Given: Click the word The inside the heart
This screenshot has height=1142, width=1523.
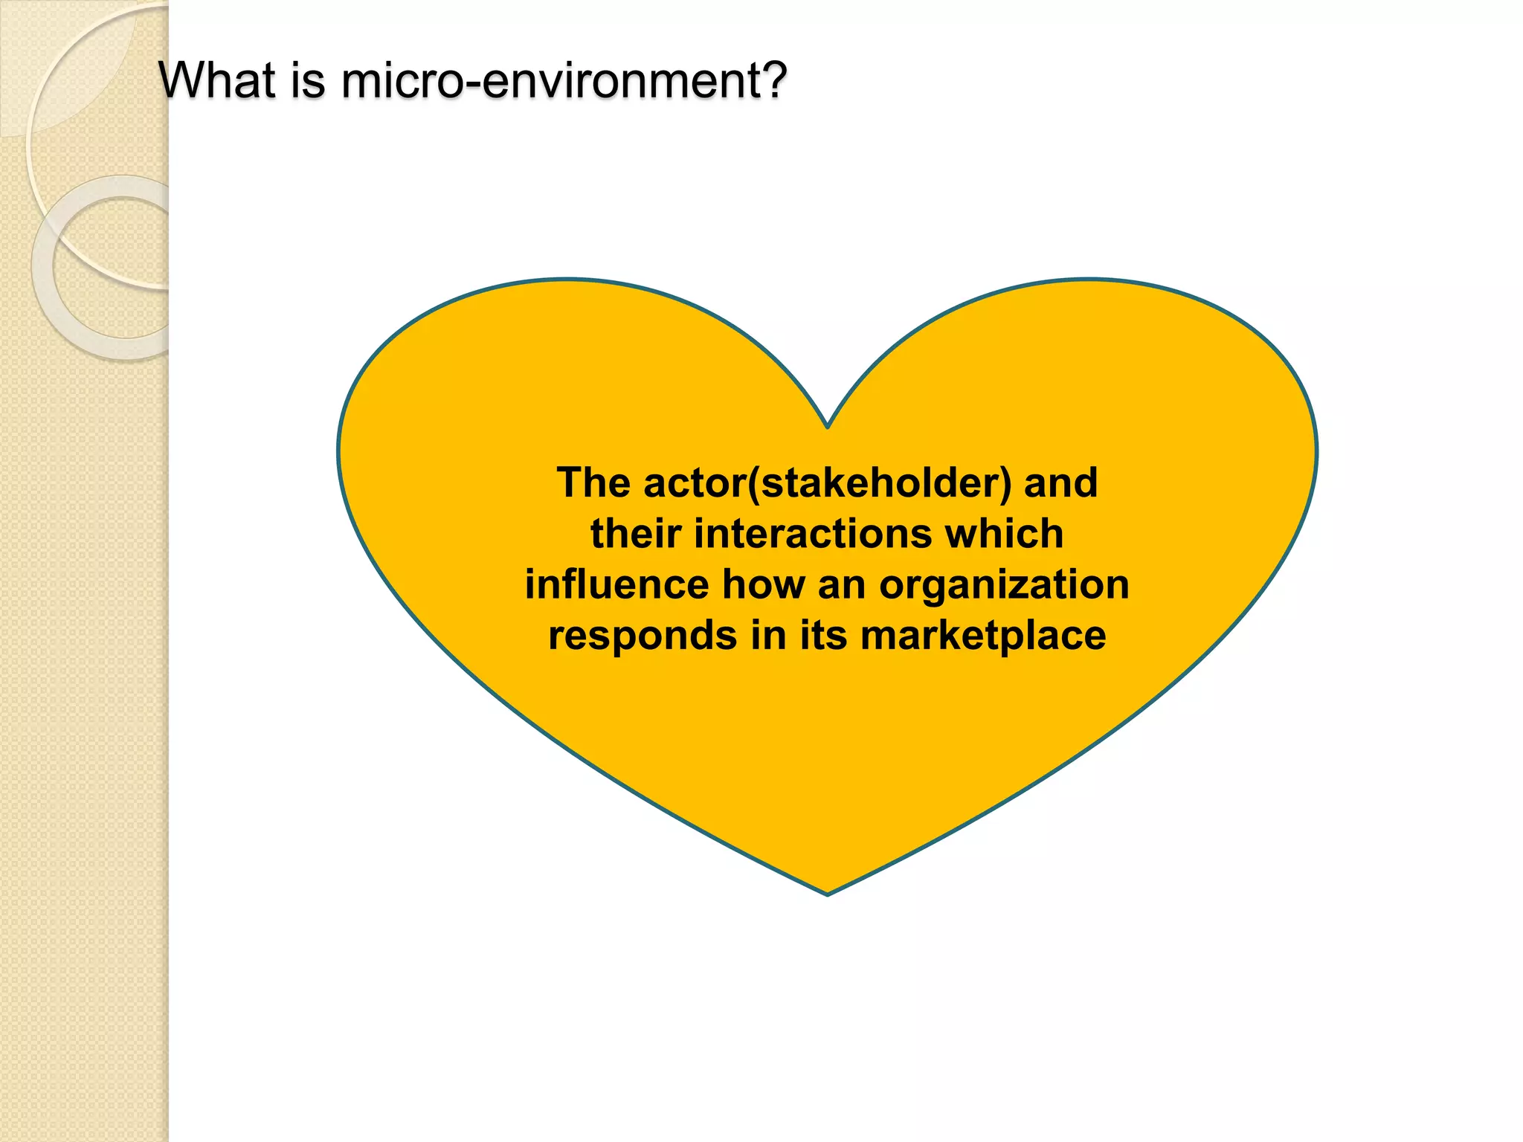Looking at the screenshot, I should tap(593, 483).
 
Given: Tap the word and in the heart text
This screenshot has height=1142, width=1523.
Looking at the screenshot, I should tap(1061, 483).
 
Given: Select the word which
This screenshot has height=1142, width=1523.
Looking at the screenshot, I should tap(1005, 534).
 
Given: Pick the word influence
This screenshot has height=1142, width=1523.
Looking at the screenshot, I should tap(616, 584).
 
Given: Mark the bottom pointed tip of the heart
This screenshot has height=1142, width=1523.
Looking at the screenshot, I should tap(827, 892).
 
